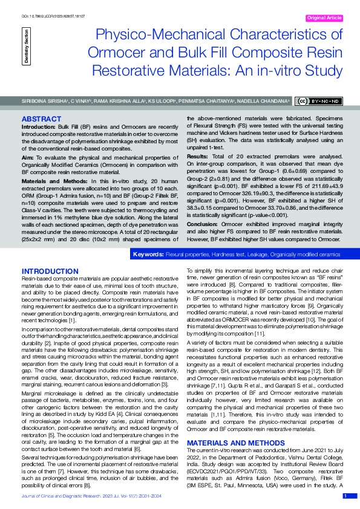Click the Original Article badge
324,18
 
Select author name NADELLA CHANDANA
264,102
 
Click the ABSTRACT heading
41,119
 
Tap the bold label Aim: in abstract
28,156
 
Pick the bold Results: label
198,156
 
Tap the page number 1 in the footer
345,496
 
